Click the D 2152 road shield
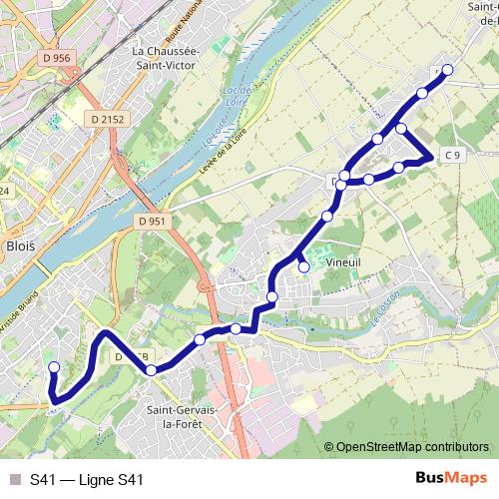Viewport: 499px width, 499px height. [107, 119]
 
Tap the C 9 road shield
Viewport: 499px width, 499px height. [453, 154]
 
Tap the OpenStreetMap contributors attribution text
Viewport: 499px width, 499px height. [411, 448]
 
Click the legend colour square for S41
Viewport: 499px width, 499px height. [13, 479]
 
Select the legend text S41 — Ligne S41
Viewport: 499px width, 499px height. [87, 479]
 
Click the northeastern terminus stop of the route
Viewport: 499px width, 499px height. [447, 69]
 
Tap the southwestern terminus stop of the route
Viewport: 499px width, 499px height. [54, 367]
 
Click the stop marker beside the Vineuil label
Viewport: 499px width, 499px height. [303, 266]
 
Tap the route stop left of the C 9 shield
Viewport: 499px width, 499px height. [399, 167]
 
